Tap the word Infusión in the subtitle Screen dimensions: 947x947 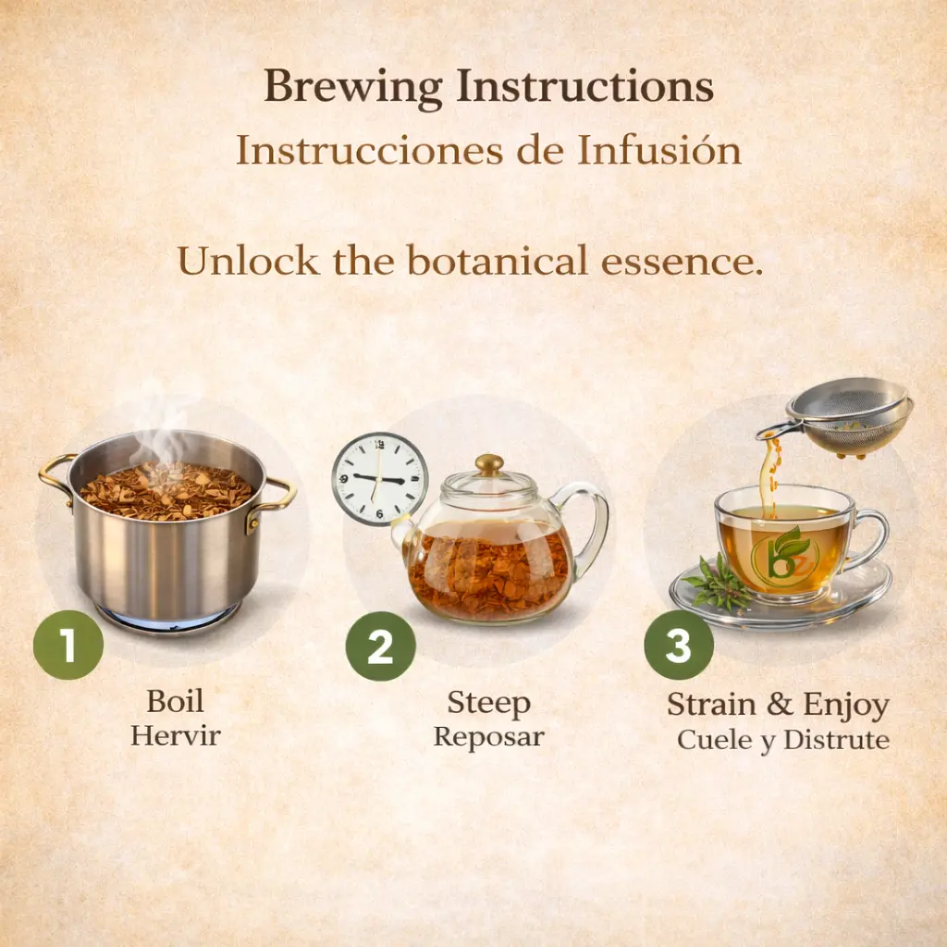658,151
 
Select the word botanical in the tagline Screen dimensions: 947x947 497,261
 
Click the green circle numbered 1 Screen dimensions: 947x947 68,645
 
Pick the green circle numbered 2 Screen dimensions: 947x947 380,646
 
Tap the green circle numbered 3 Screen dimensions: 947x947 679,645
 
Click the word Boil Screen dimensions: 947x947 175,701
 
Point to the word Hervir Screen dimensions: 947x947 176,735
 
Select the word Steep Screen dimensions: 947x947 488,704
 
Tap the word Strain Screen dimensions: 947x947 711,704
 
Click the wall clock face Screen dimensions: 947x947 379,479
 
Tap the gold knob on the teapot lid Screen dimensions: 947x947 489,464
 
